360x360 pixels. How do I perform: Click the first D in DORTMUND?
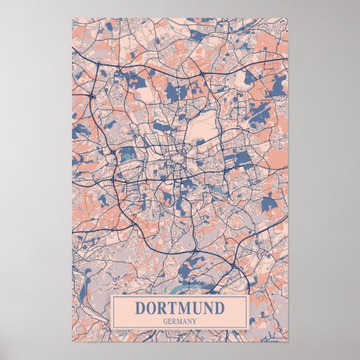[x=141, y=308]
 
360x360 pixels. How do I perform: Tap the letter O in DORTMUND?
[x=152, y=308]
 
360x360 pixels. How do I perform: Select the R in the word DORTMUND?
[x=164, y=308]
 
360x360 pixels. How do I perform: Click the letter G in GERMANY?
[x=166, y=321]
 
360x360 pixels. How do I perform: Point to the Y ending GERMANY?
[x=195, y=321]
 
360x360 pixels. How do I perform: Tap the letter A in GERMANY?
[x=185, y=321]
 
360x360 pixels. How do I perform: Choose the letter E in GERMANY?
[x=170, y=321]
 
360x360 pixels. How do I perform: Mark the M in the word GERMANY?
[x=180, y=321]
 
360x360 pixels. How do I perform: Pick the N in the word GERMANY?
[x=190, y=321]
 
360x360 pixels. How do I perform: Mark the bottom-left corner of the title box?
[x=111, y=329]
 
